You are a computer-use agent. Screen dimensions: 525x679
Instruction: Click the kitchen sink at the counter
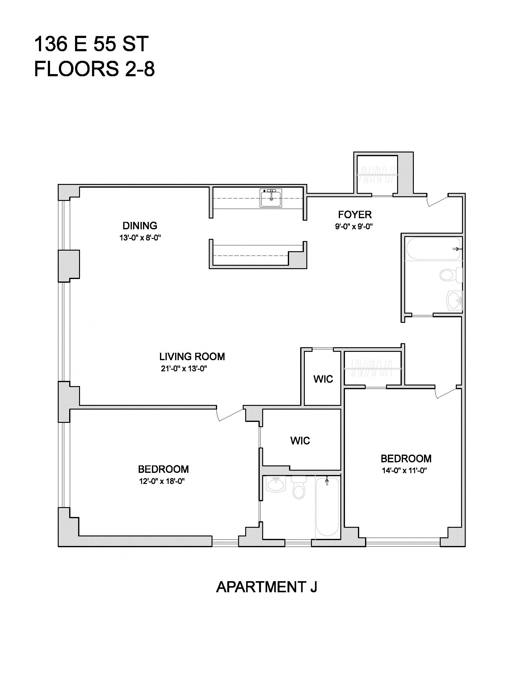[271, 198]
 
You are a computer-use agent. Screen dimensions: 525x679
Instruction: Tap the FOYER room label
[355, 215]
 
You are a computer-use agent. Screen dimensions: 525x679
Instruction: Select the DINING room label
[140, 225]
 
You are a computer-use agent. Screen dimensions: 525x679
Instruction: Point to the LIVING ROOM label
[192, 356]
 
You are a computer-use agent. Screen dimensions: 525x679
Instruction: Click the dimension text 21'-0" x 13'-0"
[184, 369]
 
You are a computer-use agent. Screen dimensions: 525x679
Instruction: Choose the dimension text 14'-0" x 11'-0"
[404, 470]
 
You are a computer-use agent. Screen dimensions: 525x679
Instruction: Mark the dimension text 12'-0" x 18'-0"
[162, 481]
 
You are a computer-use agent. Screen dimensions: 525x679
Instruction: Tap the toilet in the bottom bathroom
[299, 487]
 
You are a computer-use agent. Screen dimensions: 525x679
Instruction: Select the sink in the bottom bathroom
[276, 484]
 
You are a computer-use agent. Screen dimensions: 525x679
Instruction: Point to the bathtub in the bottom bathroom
[327, 507]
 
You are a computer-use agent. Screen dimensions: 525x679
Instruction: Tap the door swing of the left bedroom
[230, 414]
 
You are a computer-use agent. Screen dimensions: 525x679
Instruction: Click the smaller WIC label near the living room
[323, 379]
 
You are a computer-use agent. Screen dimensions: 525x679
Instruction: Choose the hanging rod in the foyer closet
[377, 175]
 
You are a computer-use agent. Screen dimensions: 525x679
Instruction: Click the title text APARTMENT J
[267, 587]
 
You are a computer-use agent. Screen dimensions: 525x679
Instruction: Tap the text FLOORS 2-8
[94, 69]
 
